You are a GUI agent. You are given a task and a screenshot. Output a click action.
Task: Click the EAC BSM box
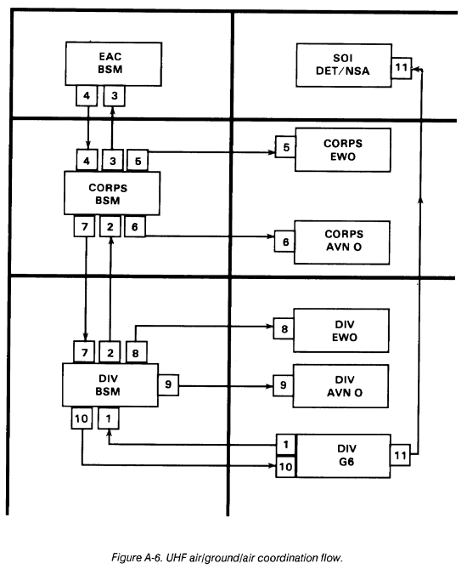coord(114,64)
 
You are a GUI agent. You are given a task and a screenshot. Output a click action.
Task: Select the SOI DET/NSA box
coord(344,65)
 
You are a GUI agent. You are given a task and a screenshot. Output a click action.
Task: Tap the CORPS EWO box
coord(343,150)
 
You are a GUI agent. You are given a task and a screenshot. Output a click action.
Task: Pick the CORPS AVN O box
coord(342,242)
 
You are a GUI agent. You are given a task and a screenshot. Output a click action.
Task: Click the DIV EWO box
coord(341,331)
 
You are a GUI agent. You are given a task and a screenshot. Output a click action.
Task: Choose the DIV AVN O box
coord(340,386)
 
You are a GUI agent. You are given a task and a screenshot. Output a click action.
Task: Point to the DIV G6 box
coord(343,456)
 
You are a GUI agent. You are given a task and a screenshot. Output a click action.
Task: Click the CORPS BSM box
coord(112,193)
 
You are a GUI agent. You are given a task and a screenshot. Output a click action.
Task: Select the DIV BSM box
coord(110,384)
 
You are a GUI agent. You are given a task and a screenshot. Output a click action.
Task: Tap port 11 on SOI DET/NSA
coord(402,67)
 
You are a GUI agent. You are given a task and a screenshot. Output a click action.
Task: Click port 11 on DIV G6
coord(400,455)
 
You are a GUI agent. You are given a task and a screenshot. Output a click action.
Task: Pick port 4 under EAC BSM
coord(87,96)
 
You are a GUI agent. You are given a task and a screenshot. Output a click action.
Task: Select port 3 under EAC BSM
coord(114,96)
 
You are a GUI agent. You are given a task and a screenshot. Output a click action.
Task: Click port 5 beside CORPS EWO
coord(285,147)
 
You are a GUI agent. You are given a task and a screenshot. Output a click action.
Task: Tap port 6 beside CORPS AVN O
coord(284,242)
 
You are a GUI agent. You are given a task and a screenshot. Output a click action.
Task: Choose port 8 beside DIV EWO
coord(284,328)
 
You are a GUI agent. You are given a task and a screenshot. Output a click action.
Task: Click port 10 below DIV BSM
coord(82,418)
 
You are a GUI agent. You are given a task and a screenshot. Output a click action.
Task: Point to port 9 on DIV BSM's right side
coord(168,384)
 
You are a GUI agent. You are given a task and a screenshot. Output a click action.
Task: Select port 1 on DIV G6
coord(286,445)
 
